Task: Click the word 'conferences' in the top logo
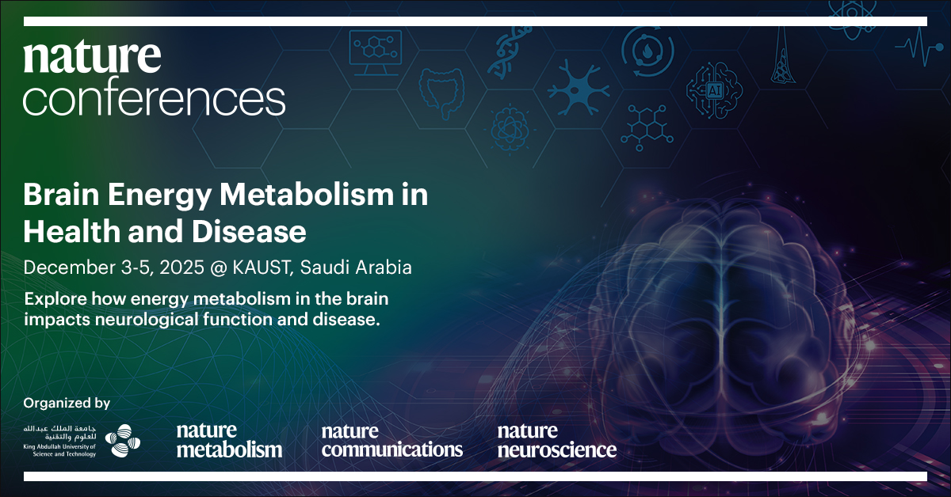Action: tap(154, 96)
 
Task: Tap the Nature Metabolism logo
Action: tap(229, 441)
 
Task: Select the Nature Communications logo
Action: tap(391, 441)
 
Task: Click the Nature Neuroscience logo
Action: tap(557, 441)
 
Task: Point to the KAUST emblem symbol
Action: tap(122, 440)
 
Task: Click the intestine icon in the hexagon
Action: tap(441, 93)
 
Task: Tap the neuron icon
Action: tap(579, 88)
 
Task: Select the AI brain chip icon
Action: tap(715, 90)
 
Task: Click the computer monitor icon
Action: tap(376, 52)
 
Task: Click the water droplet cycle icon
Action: tap(647, 51)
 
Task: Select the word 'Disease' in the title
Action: tap(249, 232)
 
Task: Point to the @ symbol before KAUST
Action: tap(219, 268)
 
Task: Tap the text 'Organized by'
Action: tap(67, 403)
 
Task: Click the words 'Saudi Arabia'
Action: tap(356, 267)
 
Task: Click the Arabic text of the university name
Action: tap(60, 433)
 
